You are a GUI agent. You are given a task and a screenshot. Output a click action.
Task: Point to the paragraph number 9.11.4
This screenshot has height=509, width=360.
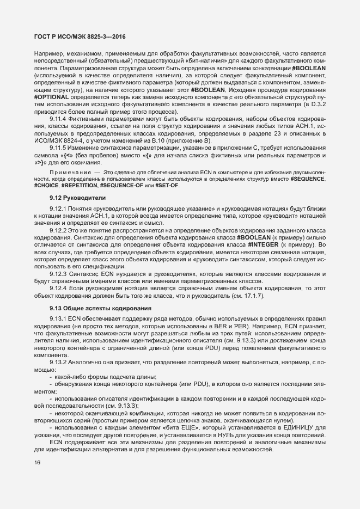(58, 119)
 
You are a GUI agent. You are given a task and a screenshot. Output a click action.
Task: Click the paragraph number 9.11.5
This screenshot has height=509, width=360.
(58, 148)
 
